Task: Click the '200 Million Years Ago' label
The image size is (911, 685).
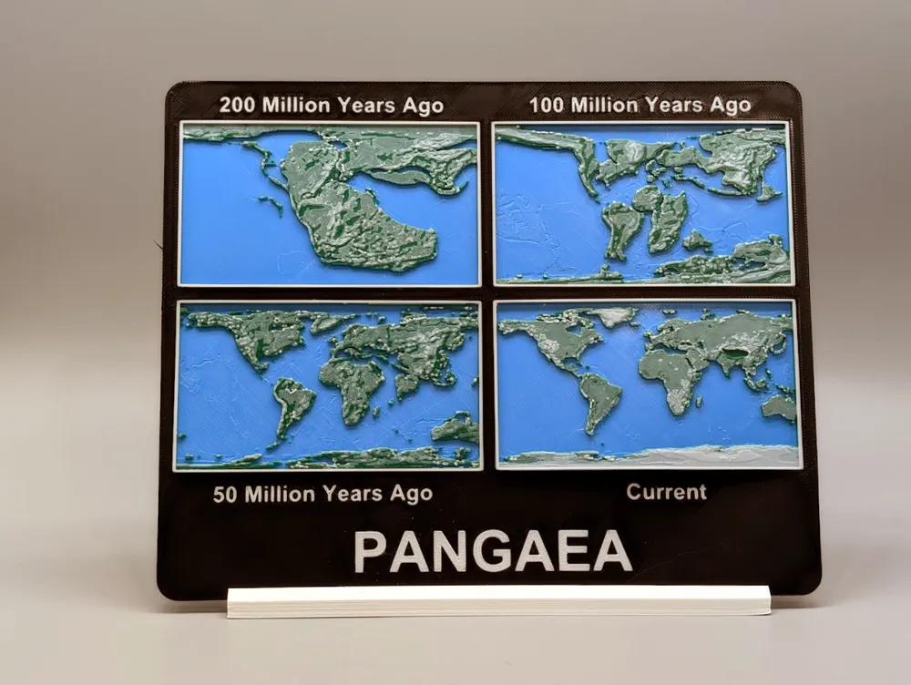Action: pos(331,106)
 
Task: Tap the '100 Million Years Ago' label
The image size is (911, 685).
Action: pos(640,106)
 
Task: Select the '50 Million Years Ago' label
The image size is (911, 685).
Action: pos(322,495)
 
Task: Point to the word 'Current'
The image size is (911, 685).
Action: pos(666,492)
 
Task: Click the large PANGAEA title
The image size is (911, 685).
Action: pos(492,551)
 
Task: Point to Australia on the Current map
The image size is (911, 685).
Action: pos(780,406)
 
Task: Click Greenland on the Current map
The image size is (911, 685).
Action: pos(611,315)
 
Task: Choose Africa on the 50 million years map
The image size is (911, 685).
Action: pos(353,383)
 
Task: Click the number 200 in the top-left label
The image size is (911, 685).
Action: pos(238,106)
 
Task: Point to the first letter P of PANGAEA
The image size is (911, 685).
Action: pos(370,552)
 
